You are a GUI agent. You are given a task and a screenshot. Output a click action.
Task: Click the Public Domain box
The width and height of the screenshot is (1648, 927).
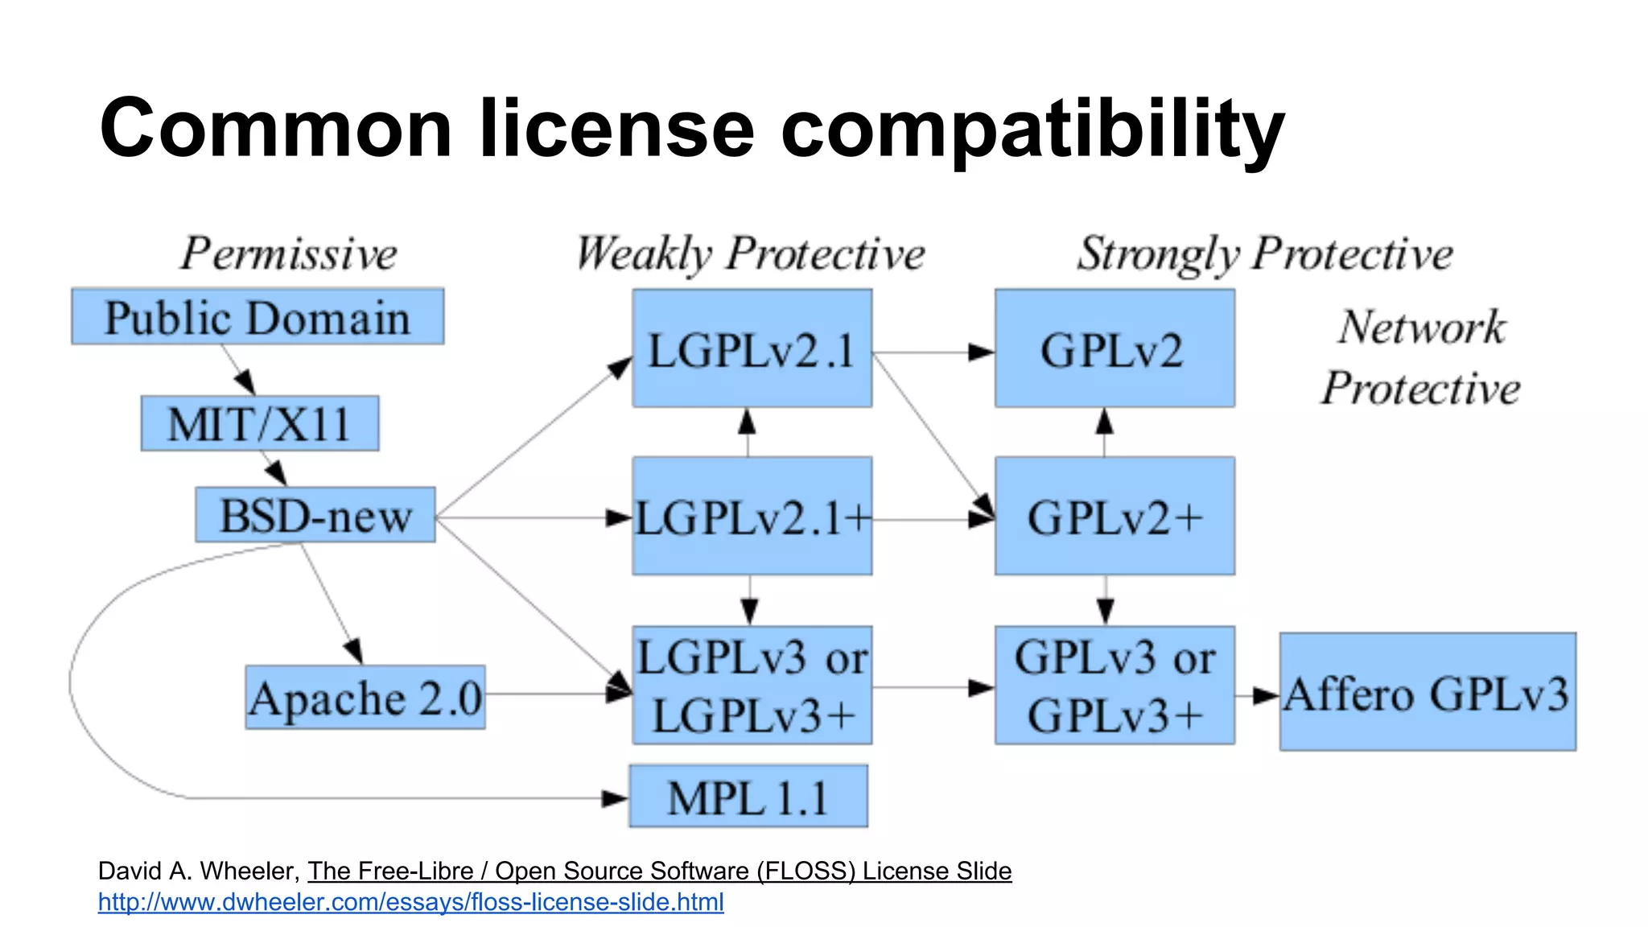click(x=257, y=316)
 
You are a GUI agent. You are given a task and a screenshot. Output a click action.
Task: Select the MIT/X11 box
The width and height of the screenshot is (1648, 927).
click(x=259, y=423)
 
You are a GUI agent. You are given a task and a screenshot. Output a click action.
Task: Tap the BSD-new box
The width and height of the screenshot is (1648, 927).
click(x=315, y=515)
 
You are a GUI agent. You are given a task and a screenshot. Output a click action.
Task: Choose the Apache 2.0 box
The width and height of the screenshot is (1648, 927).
click(x=365, y=697)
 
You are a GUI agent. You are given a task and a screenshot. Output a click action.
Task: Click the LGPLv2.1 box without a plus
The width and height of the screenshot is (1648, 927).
click(x=752, y=348)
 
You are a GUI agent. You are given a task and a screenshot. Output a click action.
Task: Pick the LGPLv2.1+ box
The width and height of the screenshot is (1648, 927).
click(x=752, y=516)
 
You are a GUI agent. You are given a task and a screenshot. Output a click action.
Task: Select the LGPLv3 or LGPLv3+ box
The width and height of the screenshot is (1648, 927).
click(x=752, y=685)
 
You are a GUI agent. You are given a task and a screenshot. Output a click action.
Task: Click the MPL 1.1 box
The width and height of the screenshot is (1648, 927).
click(x=748, y=797)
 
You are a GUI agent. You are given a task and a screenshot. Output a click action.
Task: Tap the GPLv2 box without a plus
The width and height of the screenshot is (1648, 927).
click(x=1114, y=348)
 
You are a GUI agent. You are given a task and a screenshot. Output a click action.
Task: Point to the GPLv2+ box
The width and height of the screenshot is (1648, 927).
click(x=1114, y=516)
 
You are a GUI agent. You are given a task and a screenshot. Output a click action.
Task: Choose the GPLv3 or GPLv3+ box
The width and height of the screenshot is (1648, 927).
click(x=1114, y=685)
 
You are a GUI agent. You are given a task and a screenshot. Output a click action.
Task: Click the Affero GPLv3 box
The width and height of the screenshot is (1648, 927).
click(x=1428, y=692)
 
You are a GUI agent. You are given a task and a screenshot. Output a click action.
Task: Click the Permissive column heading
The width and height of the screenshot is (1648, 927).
click(x=289, y=253)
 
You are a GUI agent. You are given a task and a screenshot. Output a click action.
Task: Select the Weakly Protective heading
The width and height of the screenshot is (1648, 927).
click(x=751, y=253)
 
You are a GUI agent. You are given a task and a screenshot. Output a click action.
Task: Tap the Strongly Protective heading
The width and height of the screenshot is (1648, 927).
click(x=1265, y=253)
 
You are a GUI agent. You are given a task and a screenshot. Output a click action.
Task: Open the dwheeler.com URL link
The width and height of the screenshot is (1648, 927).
click(x=410, y=902)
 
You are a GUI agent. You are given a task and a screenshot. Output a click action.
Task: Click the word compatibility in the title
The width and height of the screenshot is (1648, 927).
click(x=1032, y=129)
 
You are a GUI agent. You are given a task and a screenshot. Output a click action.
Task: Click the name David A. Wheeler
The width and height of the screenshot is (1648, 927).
click(x=198, y=871)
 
